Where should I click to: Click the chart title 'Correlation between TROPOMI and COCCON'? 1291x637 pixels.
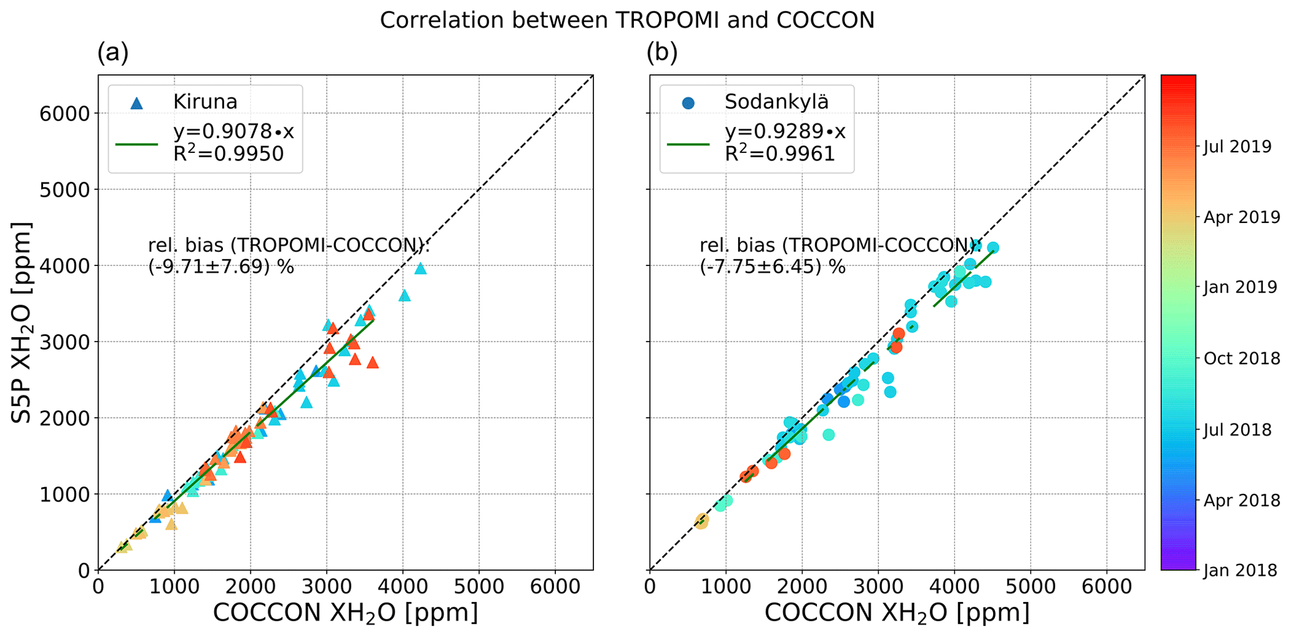[626, 21]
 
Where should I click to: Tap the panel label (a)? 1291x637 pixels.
[112, 54]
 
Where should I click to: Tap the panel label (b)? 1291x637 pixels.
[662, 54]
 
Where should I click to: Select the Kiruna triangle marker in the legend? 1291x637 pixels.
[137, 102]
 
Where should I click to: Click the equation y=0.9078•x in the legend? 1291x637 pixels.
[234, 132]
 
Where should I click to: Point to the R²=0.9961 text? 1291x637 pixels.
[779, 154]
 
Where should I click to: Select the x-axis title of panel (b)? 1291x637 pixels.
[897, 613]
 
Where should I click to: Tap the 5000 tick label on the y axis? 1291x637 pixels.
[66, 190]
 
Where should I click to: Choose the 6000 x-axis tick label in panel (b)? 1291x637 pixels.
[1107, 587]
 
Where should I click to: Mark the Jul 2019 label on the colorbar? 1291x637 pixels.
[1237, 147]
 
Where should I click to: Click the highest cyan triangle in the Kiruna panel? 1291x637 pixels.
[420, 269]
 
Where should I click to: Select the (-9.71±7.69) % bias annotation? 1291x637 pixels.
[221, 267]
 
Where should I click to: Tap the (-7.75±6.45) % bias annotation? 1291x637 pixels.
[773, 267]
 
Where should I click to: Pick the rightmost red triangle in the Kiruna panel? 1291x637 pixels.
[372, 363]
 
